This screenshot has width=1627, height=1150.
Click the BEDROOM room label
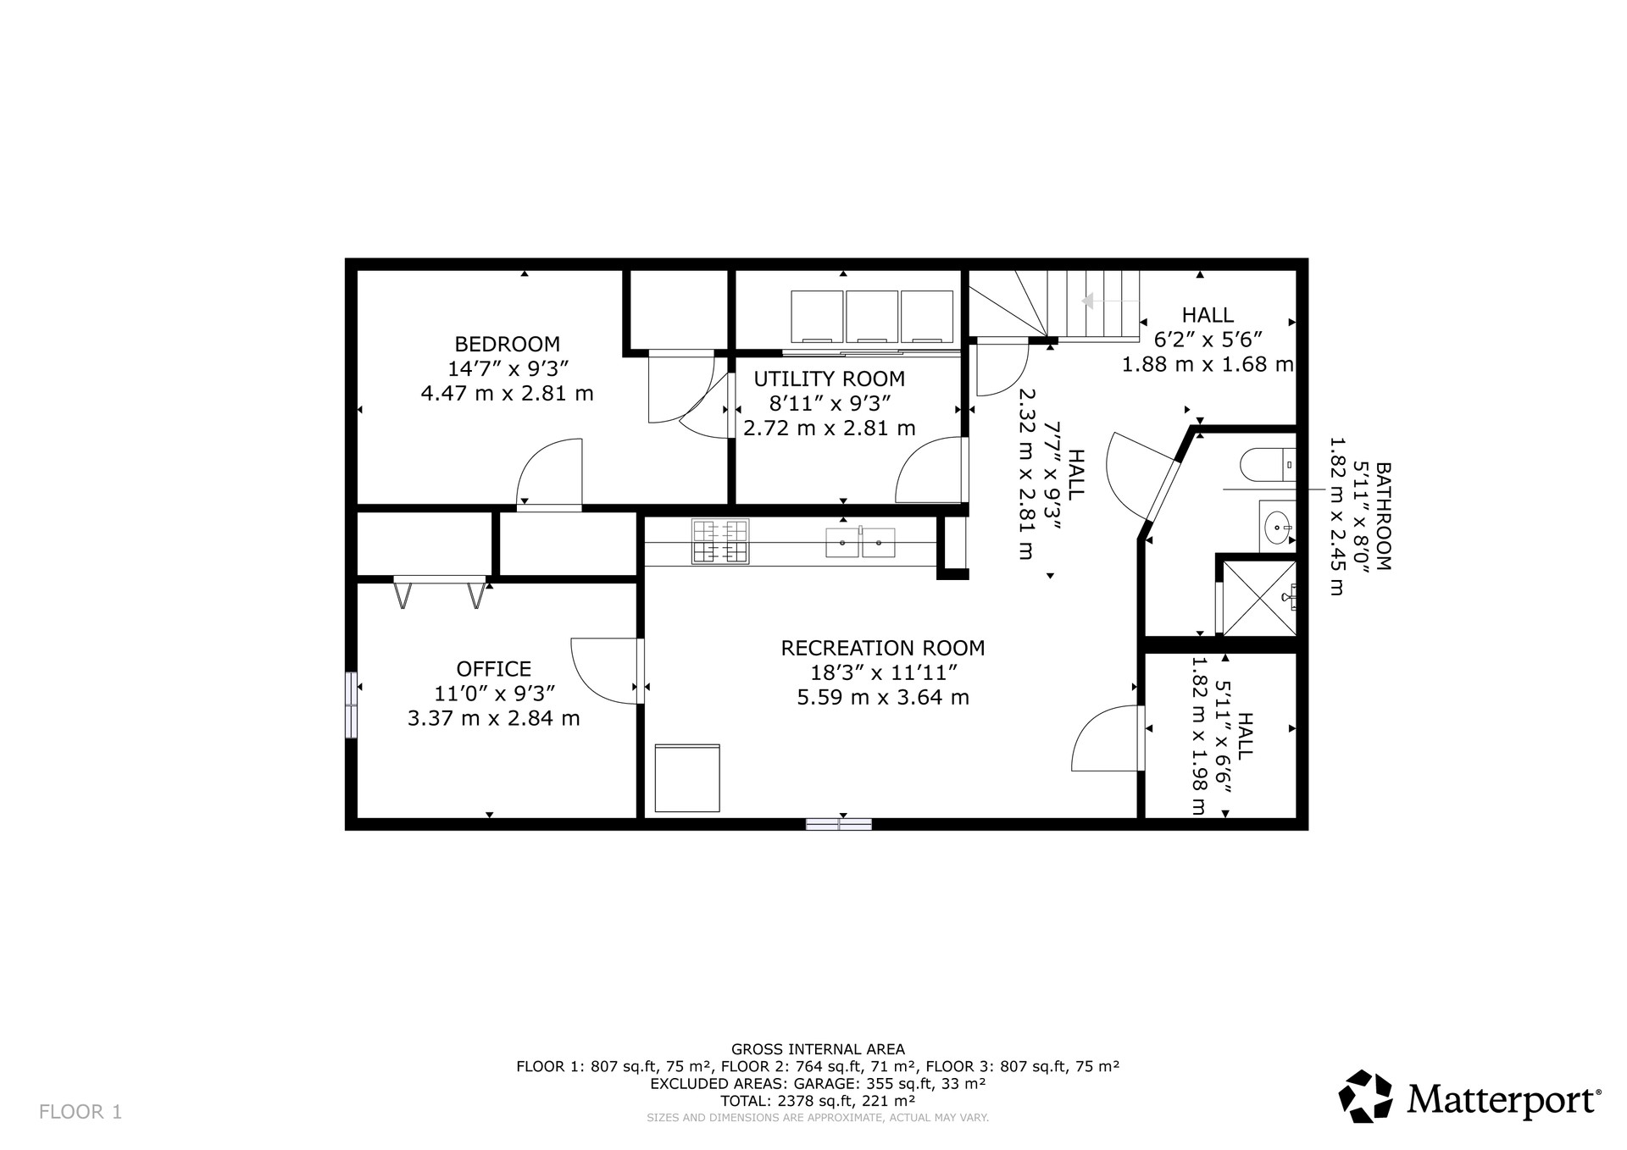(507, 344)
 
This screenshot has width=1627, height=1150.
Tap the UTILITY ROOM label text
(829, 379)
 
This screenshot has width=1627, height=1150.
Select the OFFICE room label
(494, 669)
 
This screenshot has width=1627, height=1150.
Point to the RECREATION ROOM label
(882, 648)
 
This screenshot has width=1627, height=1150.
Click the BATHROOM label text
(1382, 516)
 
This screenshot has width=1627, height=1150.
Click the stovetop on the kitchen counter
(720, 542)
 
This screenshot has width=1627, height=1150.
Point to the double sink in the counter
(860, 543)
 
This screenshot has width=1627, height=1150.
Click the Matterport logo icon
(1366, 1097)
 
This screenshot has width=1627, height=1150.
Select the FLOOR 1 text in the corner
(81, 1112)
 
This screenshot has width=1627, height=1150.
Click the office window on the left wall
(351, 705)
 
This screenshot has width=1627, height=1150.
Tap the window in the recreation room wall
(838, 824)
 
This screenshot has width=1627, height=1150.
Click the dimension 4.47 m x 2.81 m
(507, 394)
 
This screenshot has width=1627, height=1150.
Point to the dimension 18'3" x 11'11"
(883, 672)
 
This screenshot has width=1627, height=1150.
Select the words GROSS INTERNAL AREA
(818, 1049)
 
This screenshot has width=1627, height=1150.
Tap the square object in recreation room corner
(687, 778)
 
